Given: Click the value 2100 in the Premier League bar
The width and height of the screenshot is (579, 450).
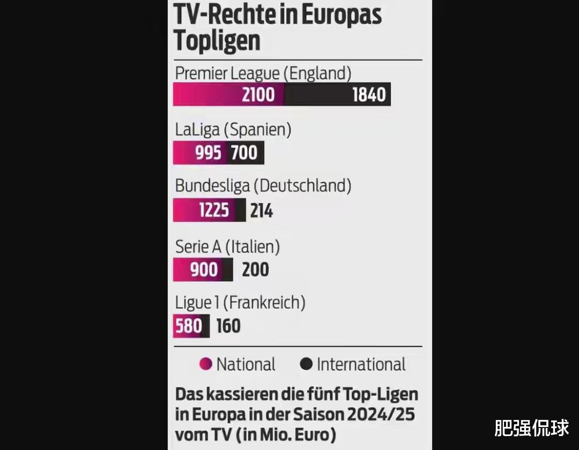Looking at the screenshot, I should coord(258,95).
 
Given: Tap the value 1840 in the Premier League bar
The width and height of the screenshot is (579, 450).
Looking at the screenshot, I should coord(369,95).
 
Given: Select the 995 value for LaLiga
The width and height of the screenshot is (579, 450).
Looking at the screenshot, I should coord(208,153).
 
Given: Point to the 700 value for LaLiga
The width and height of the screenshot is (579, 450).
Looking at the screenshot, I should coord(244,153).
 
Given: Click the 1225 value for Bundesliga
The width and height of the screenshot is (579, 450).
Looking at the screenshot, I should coord(213,210).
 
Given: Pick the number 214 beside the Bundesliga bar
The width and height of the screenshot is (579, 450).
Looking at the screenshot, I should coord(261,211).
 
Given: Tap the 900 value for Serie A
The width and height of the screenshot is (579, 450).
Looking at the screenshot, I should coord(204,269).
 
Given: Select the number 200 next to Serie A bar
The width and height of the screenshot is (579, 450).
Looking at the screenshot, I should coord(255,269).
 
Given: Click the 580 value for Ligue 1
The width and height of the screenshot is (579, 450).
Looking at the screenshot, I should coord(188,326).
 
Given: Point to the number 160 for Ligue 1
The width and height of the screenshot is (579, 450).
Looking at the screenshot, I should coord(228,326).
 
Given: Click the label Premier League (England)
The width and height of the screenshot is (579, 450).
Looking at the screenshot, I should coord(263,73).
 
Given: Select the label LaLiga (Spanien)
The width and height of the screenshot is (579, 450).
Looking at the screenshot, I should coord(233,130).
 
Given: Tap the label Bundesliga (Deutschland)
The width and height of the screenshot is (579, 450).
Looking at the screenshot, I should coord(263,186).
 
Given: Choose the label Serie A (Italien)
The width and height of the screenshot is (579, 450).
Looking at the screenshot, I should coord(228,247).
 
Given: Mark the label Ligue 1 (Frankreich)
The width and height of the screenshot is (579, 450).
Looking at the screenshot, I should coord(240,303).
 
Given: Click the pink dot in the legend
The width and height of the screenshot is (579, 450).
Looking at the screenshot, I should coord(205,364).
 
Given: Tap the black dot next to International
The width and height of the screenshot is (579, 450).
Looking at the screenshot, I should coord(306,364).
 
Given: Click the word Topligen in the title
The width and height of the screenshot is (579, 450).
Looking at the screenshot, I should coord(217,41).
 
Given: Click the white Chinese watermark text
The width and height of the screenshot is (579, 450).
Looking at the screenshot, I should coord(531,429).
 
